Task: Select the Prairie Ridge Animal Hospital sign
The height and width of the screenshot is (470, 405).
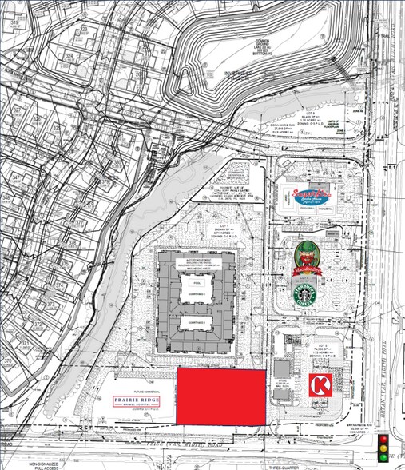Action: tap(133, 399)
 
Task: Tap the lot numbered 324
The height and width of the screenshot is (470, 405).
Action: tap(69, 56)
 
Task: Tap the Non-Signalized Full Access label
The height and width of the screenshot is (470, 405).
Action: tap(45, 464)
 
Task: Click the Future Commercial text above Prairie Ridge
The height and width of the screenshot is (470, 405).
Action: tap(129, 382)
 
